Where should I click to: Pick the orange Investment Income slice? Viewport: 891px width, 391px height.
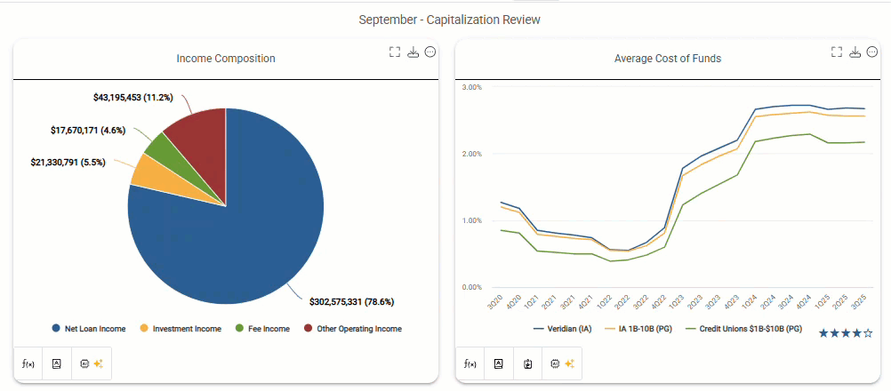143,171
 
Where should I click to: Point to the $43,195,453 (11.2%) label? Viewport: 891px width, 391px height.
132,97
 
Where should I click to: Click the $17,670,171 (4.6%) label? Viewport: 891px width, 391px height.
88,130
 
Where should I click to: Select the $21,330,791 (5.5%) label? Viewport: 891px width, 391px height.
67,163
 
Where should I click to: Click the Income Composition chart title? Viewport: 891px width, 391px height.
226,59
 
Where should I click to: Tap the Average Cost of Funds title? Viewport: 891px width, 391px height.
668,59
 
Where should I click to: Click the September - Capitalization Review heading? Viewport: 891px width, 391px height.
449,20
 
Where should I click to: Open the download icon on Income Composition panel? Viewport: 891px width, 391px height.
413,52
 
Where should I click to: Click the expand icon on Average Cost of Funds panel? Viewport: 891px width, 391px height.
837,52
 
